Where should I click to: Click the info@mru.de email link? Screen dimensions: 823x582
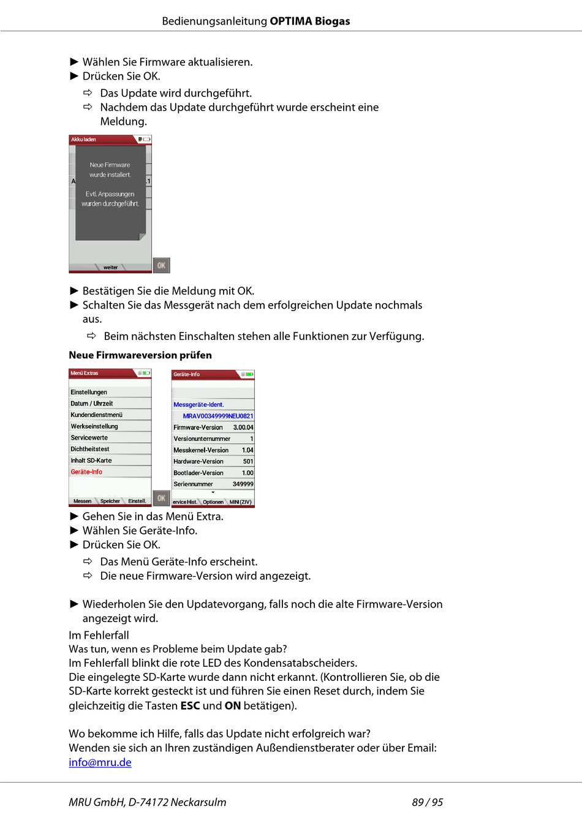100,762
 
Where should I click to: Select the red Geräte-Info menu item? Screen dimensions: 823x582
86,472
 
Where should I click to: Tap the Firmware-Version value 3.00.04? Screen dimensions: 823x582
243,427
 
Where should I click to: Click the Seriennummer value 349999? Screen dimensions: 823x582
243,484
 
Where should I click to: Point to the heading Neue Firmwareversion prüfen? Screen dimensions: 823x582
140,355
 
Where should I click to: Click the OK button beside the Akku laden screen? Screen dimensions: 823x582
161,265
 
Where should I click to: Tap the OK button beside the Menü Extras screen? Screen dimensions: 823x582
161,498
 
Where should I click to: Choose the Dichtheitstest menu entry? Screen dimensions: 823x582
90,449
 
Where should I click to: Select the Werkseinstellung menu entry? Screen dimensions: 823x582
94,427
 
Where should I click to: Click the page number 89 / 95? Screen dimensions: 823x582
427,802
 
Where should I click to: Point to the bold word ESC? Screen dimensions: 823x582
190,705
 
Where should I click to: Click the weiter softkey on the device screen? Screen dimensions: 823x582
110,268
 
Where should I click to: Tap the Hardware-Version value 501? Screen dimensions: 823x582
248,462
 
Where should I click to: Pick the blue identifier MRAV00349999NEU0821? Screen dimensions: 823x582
217,416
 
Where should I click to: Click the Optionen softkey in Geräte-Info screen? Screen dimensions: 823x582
213,502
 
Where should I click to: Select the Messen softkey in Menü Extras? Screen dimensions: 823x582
82,502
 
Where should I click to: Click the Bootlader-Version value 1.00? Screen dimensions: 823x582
247,473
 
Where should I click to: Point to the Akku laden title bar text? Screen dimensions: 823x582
83,140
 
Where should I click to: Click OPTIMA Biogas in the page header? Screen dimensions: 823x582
309,21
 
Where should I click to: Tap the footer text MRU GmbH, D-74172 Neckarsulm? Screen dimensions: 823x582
147,802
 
